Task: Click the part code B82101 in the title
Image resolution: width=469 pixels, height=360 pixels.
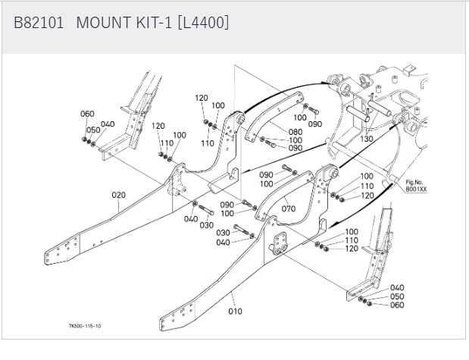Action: click(39, 23)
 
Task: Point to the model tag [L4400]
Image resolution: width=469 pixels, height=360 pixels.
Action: click(203, 23)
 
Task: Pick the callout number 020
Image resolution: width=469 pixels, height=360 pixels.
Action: click(118, 195)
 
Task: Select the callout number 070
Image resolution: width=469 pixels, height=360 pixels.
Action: click(289, 208)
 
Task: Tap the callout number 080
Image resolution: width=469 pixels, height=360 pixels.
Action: click(274, 132)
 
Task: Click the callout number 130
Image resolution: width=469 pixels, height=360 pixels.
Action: click(367, 139)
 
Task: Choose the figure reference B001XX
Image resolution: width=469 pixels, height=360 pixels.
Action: click(415, 190)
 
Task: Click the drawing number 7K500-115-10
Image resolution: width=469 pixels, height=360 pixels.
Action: click(85, 327)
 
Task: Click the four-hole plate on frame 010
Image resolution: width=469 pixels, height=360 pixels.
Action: click(281, 244)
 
